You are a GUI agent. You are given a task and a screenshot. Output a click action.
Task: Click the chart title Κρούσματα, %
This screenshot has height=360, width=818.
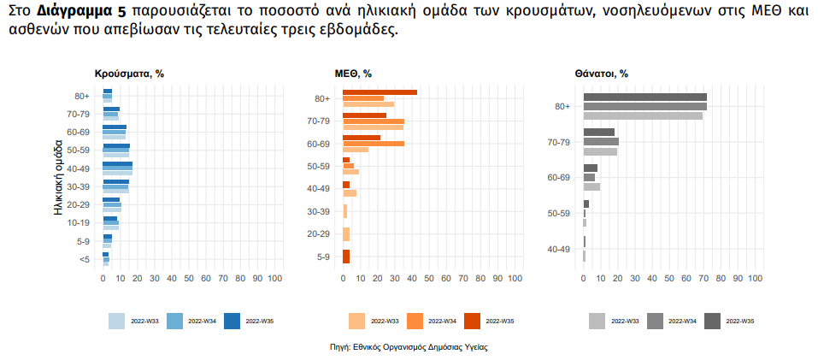[128, 74]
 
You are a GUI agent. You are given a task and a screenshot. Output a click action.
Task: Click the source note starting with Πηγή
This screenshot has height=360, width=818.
[409, 347]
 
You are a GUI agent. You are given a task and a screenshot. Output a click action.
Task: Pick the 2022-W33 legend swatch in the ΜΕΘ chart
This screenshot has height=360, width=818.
[356, 321]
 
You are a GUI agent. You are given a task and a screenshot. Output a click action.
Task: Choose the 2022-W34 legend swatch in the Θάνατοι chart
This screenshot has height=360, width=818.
[655, 321]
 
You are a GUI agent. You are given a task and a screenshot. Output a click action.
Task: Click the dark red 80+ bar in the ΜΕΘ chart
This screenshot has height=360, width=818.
[380, 92]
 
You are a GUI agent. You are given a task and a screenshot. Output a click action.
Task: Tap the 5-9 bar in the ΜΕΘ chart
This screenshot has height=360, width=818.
[346, 257]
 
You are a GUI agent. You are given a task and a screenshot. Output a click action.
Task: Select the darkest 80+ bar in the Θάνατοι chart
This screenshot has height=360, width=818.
[644, 97]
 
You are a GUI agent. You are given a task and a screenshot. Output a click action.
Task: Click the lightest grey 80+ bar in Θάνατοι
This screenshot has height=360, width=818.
[642, 115]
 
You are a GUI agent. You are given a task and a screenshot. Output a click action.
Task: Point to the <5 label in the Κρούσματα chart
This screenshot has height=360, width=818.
[84, 259]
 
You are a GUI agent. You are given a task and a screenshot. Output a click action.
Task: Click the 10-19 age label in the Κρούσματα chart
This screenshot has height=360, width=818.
[79, 222]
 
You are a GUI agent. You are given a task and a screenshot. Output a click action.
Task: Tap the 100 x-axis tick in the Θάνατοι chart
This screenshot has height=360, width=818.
[755, 279]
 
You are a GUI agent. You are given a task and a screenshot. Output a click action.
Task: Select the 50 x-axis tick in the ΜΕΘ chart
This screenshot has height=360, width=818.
[429, 279]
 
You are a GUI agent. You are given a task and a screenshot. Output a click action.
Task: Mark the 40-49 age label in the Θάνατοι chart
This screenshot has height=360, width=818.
[558, 249]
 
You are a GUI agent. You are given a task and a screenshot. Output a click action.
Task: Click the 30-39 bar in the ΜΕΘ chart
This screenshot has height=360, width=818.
[345, 211]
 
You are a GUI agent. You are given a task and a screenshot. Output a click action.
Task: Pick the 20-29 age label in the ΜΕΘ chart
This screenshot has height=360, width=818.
[318, 233]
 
